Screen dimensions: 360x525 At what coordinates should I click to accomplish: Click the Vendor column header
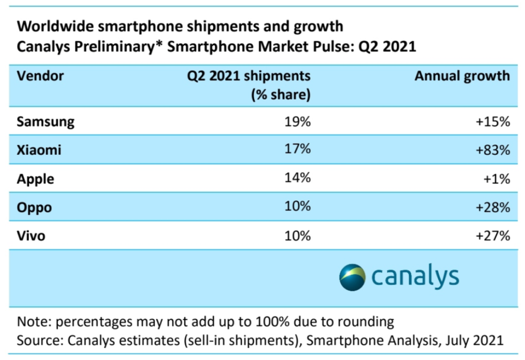coord(40,76)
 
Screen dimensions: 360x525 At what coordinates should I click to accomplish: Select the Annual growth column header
coord(462,76)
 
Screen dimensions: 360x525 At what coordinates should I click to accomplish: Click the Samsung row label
coord(46,122)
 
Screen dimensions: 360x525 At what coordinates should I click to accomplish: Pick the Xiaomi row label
coord(39,150)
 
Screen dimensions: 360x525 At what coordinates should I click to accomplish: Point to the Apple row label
coord(35,179)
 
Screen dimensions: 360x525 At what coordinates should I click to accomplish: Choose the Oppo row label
coord(34,207)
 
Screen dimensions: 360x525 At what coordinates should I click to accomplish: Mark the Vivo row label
coord(31,236)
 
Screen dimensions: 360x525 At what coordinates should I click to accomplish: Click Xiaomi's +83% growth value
coord(492,150)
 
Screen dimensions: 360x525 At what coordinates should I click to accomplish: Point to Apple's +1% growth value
coord(496,179)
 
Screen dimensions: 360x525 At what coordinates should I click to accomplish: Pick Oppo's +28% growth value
coord(492,207)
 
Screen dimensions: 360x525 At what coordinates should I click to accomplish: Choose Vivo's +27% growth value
coord(492,236)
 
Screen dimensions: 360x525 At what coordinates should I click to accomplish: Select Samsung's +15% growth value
coord(492,122)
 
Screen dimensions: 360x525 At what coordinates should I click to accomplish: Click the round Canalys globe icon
coord(352,277)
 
